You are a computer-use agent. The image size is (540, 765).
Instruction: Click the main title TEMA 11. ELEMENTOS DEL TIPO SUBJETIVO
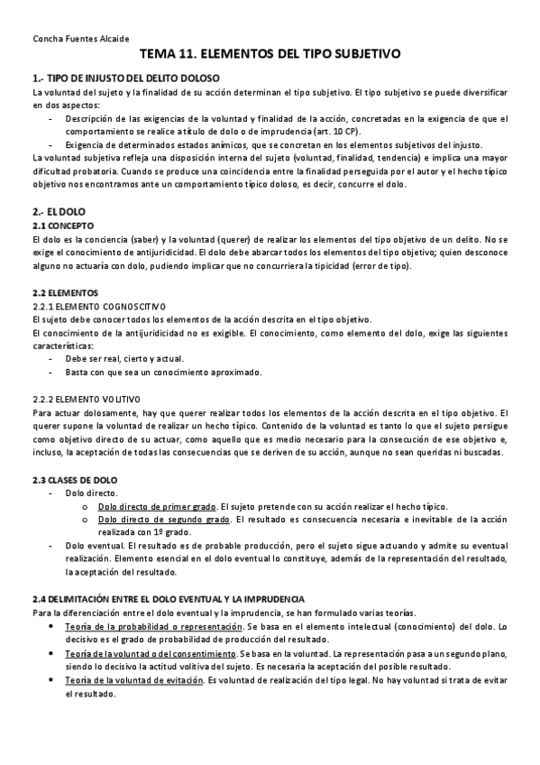[x=270, y=55]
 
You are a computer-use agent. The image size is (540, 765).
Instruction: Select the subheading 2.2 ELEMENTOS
[x=65, y=293]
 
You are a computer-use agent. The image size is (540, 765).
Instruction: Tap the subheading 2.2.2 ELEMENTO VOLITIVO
[x=85, y=398]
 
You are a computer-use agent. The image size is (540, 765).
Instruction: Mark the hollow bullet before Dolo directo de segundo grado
[x=84, y=520]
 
